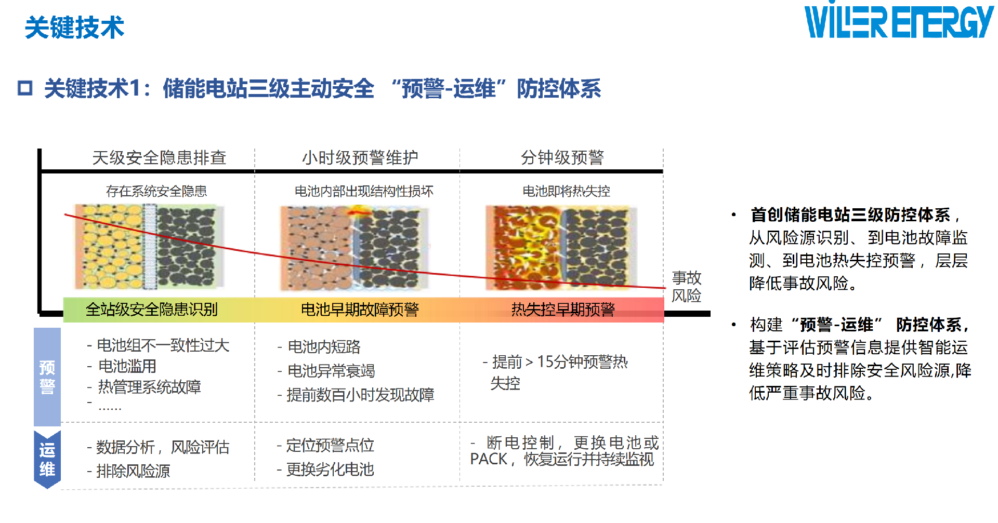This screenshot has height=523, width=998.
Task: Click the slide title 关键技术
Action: coord(75,28)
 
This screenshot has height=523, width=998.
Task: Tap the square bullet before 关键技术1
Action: coord(25,88)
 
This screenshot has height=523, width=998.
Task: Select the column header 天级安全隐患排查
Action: coord(159,157)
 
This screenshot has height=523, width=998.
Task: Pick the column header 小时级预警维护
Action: coord(360,157)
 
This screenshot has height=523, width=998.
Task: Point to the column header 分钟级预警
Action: coord(562,157)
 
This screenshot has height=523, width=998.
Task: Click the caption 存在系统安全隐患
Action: coord(156,191)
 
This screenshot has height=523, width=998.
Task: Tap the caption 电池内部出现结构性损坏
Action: coord(364,191)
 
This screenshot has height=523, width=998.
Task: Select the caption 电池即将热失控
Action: coord(566,191)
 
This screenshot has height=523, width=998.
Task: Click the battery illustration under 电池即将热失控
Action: coord(561,248)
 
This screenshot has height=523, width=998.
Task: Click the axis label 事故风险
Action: coord(686,287)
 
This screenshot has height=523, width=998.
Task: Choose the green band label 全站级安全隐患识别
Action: coord(151,310)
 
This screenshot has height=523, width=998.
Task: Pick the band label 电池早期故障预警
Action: coord(360,310)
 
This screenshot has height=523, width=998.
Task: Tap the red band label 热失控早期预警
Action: coord(563,310)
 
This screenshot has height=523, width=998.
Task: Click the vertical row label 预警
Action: coord(47,377)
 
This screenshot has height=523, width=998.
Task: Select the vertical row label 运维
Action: coord(47,460)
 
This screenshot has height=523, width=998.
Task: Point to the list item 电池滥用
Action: coord(127,366)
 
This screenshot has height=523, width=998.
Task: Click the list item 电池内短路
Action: coord(324,346)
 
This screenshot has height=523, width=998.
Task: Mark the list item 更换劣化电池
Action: coord(330,470)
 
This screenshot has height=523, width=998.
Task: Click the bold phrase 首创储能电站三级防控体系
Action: coord(850,214)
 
